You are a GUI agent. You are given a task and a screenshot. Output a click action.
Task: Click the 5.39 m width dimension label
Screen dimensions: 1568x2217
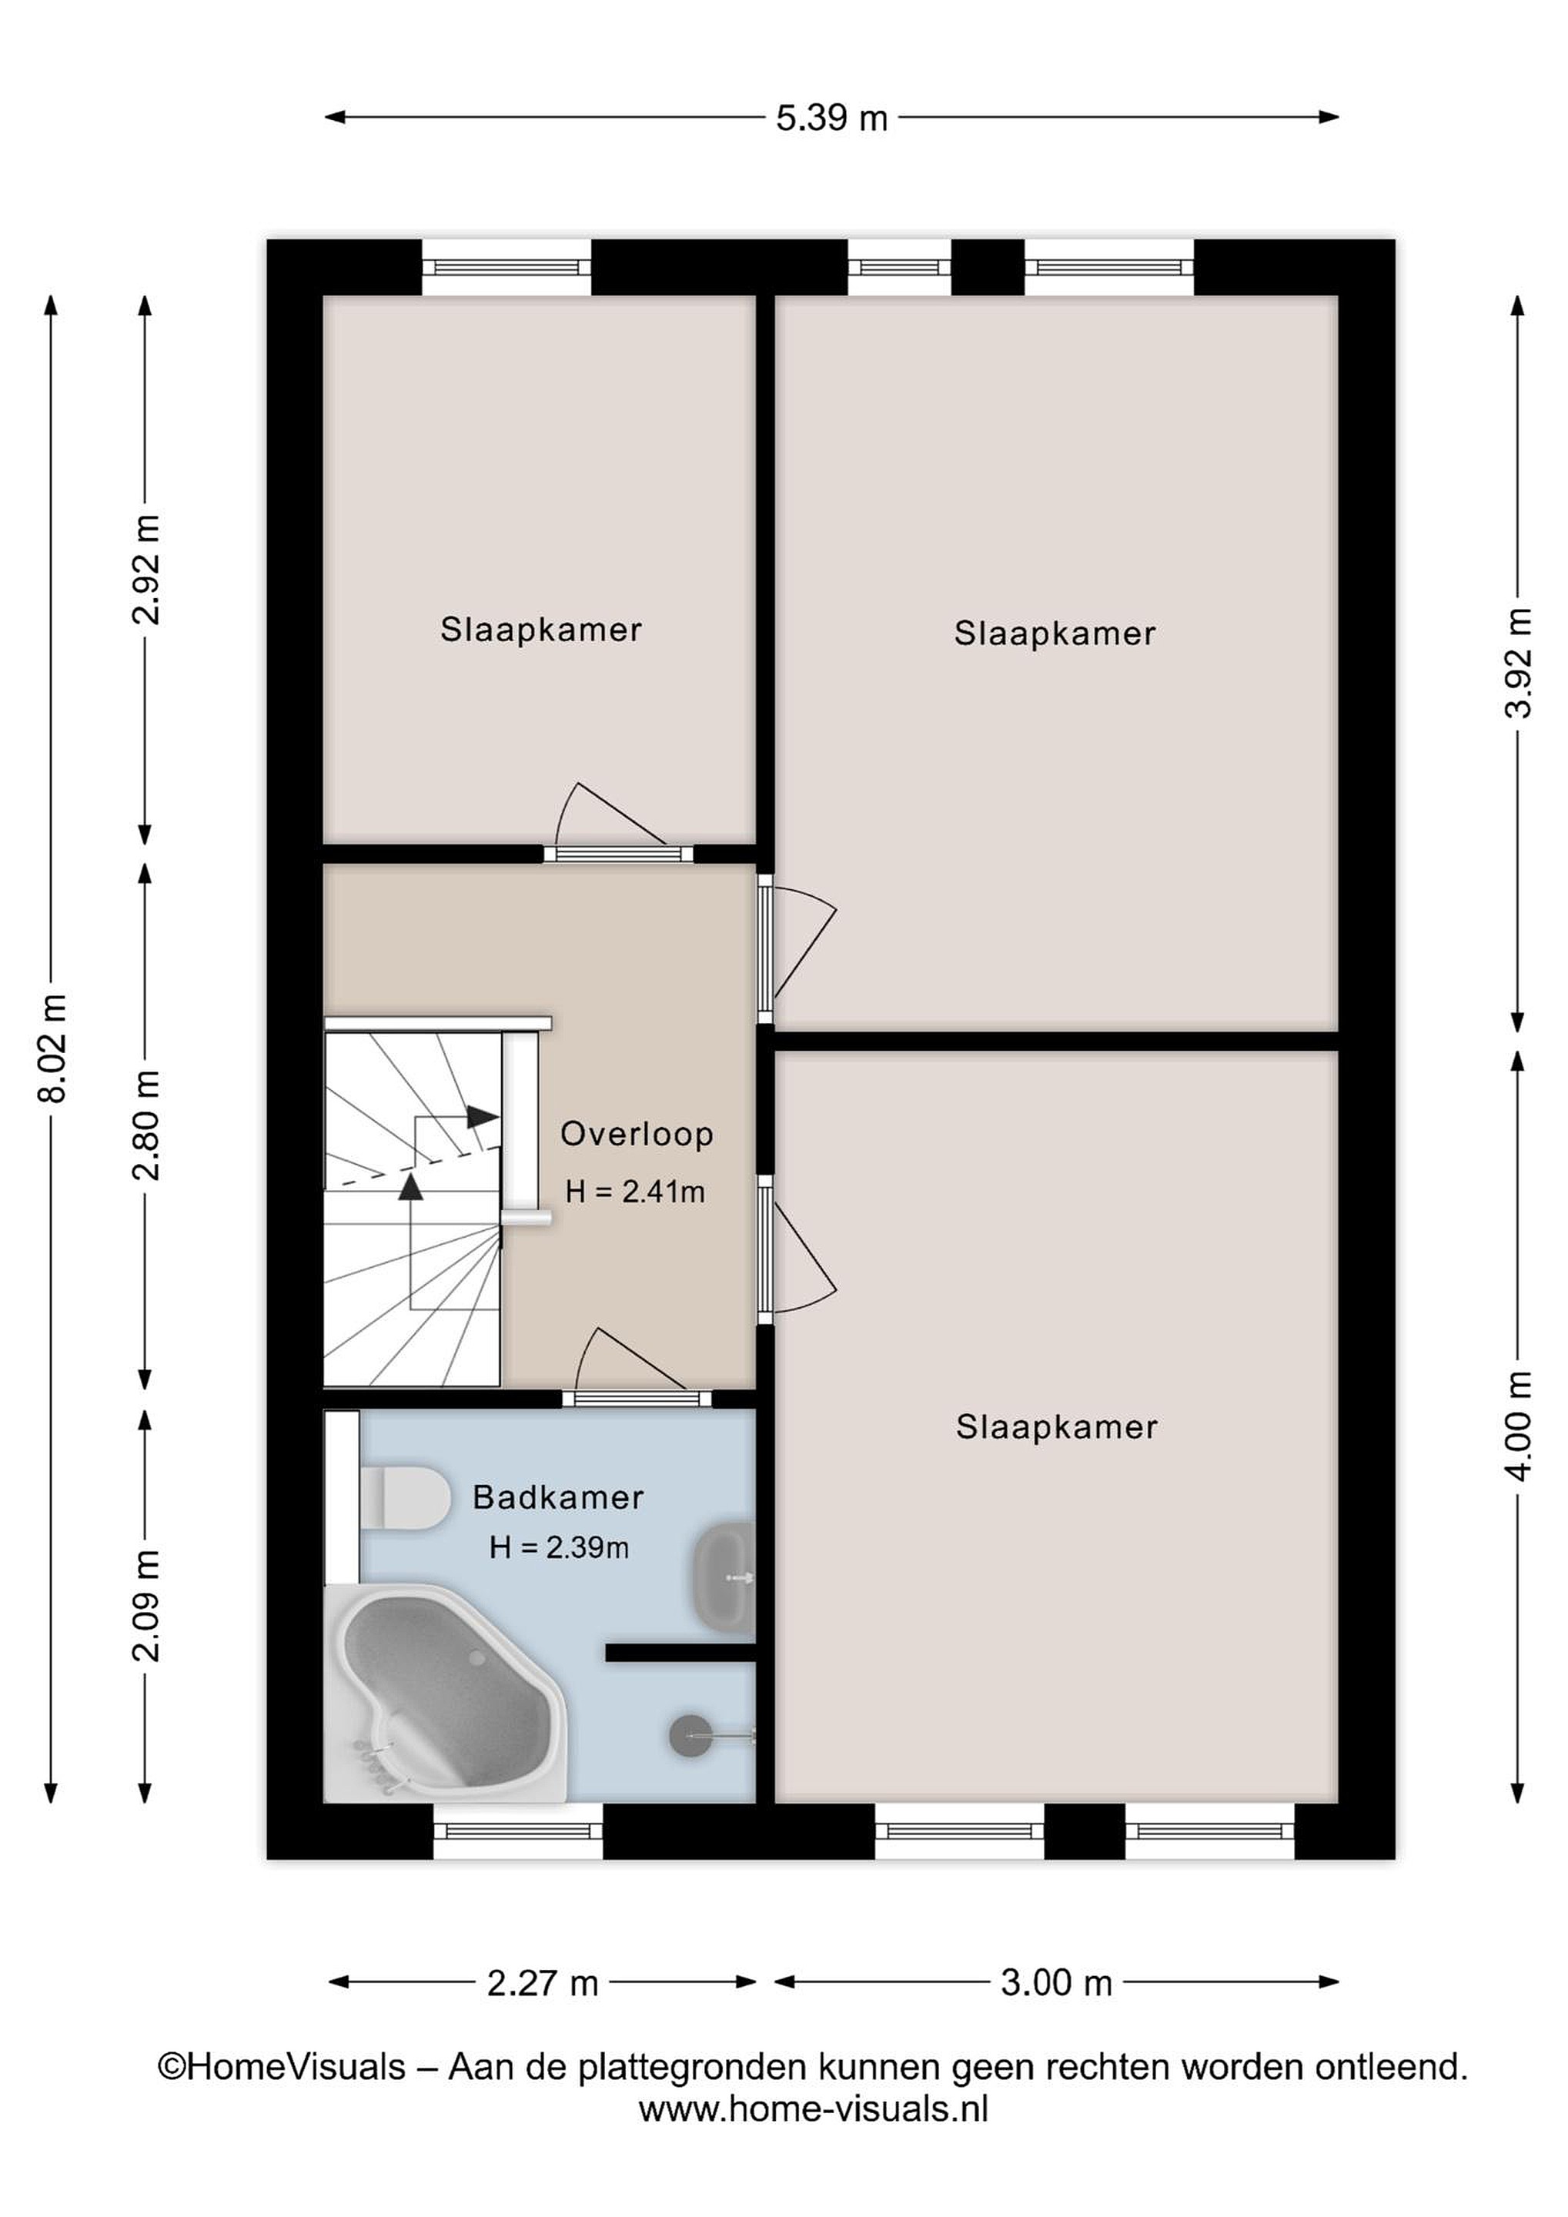831,118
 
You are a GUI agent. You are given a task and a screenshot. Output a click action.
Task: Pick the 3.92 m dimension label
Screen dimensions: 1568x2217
1518,662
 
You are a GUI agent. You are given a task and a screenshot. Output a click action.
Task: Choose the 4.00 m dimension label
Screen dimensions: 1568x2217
1518,1425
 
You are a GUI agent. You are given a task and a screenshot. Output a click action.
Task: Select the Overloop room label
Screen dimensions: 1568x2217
637,1134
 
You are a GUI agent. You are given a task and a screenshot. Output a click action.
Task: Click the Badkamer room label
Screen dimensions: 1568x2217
558,1498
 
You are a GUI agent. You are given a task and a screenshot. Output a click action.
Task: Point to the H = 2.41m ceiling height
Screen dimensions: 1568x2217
635,1192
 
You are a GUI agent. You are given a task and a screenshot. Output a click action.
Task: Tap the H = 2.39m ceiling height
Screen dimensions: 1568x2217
559,1548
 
